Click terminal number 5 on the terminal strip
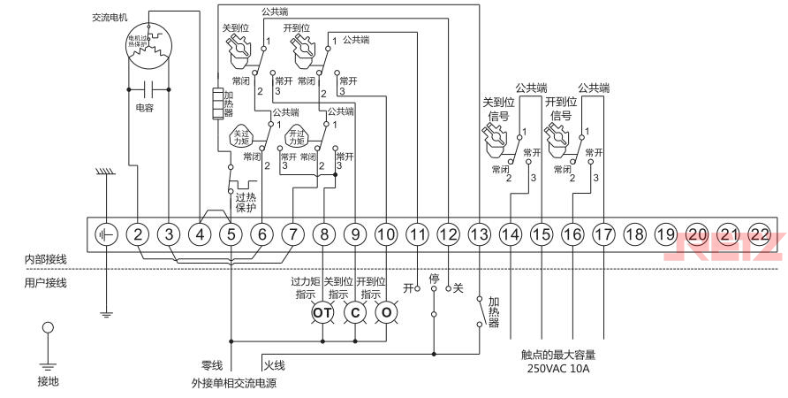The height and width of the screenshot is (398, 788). pos(231,234)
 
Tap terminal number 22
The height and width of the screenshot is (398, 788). pos(759,234)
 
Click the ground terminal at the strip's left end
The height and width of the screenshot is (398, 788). pos(107,234)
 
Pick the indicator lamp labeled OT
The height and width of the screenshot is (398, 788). pos(323,313)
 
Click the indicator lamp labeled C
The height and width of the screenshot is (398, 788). pos(354,313)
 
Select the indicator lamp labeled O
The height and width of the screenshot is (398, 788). pos(386,313)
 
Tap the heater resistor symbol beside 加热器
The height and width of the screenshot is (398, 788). pos(217,104)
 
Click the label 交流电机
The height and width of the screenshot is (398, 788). pos(110,17)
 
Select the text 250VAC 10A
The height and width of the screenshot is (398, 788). pos(557,368)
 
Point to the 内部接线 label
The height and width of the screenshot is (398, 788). pos(46,259)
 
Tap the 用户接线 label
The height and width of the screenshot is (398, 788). pos(46,283)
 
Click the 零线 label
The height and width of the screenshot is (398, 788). pos(212,364)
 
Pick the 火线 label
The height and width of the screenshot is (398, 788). pos(274,364)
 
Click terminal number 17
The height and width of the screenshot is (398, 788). pos(602,234)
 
